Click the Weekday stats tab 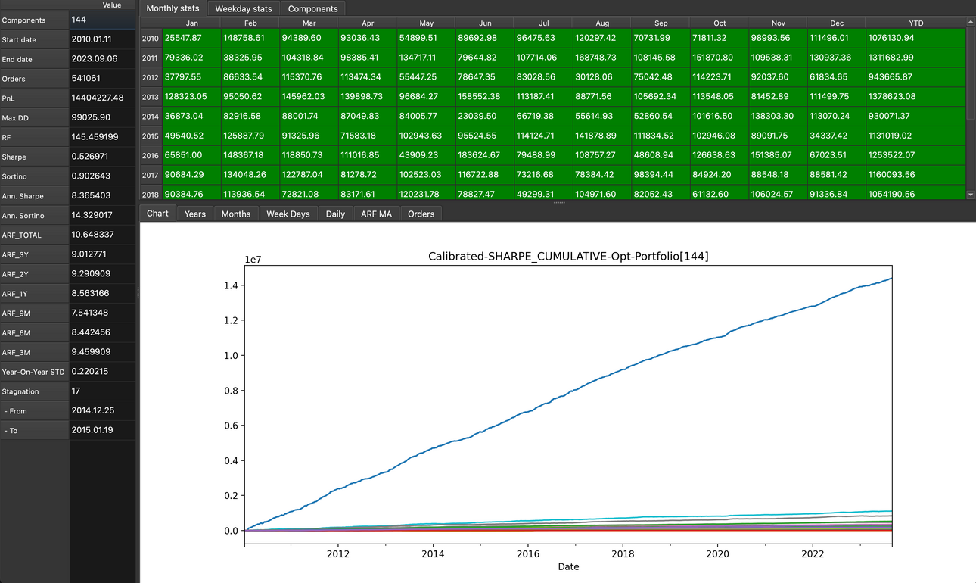(243, 9)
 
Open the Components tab (312, 9)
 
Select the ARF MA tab (376, 214)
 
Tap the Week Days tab (288, 214)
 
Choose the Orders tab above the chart (421, 214)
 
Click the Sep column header (661, 23)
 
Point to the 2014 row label (151, 117)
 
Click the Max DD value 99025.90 (91, 117)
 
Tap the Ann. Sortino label (23, 216)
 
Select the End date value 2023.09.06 (95, 59)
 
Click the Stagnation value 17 (76, 391)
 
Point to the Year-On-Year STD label (33, 372)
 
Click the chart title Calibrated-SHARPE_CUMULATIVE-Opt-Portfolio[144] (568, 257)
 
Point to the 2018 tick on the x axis (623, 553)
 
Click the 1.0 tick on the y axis (231, 355)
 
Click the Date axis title (568, 566)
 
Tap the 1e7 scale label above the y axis (253, 260)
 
